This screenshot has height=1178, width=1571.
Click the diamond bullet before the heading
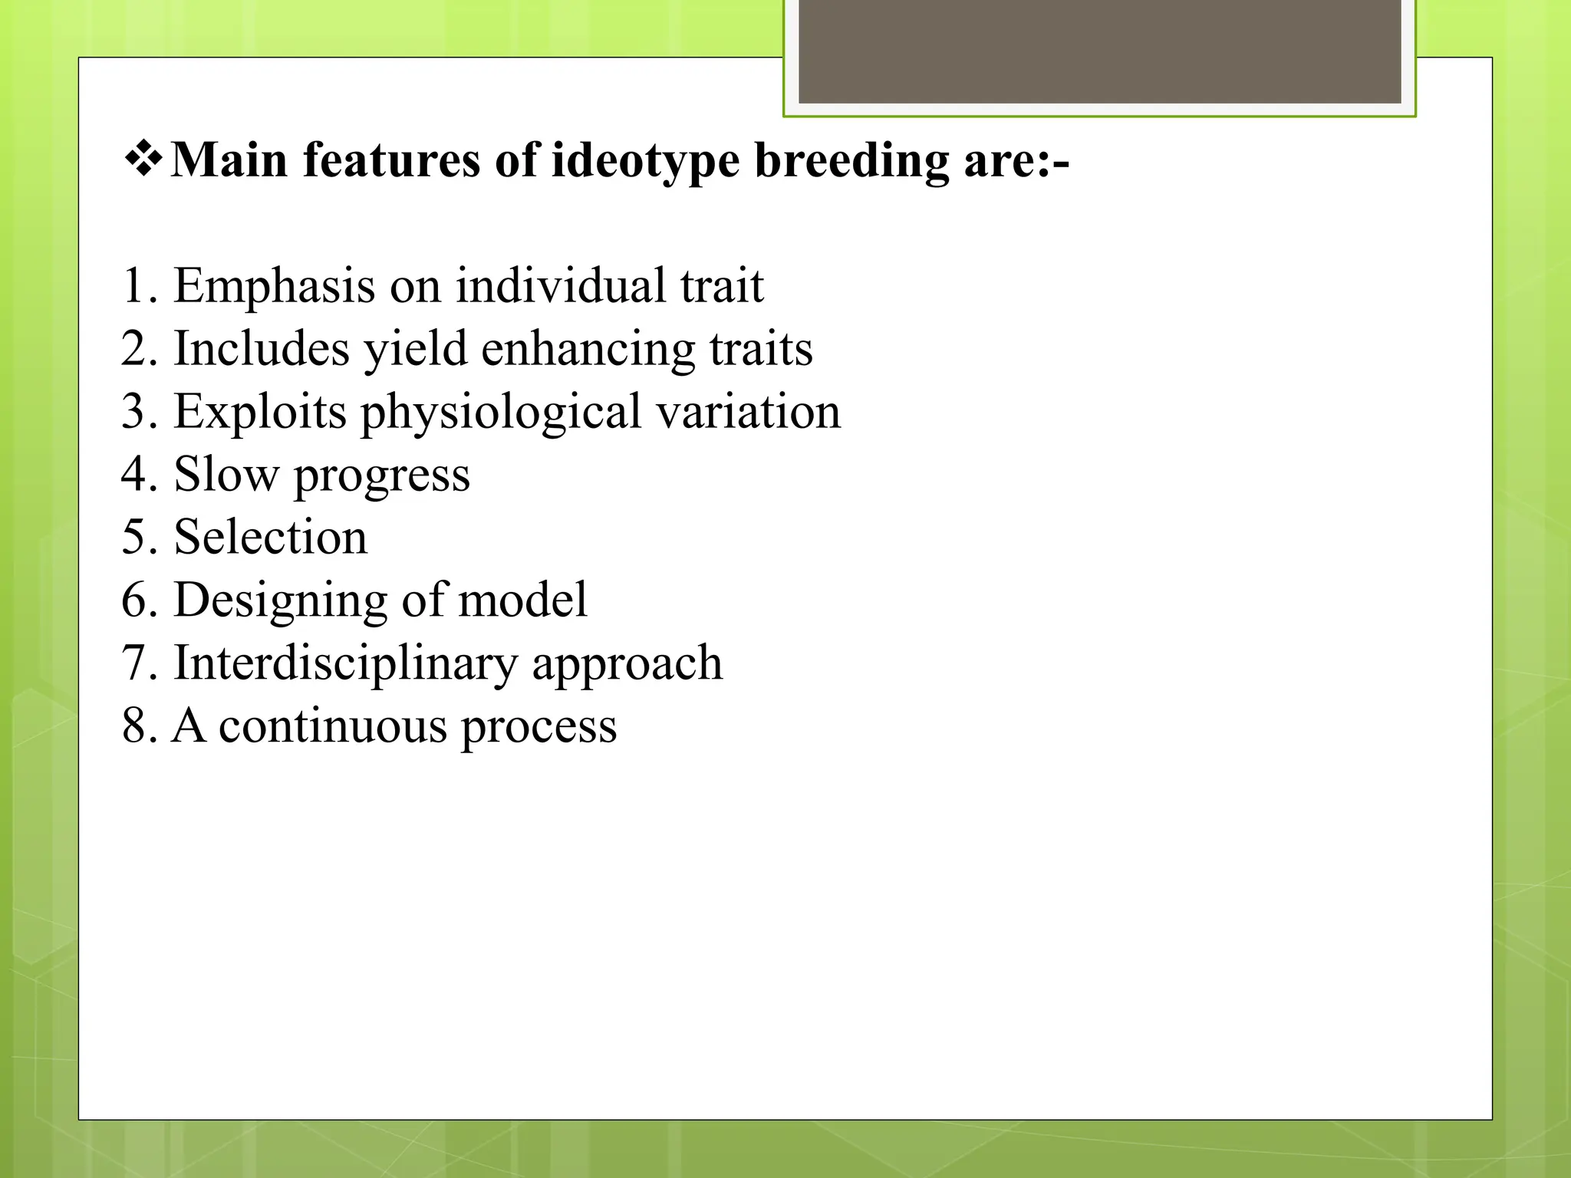[x=143, y=159]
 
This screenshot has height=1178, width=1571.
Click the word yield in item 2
[x=415, y=349]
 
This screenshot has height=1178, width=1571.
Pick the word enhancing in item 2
[x=588, y=349]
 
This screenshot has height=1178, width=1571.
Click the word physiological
[x=501, y=413]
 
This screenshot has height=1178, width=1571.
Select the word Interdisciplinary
[x=345, y=663]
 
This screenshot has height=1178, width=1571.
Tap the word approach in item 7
[x=627, y=664]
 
